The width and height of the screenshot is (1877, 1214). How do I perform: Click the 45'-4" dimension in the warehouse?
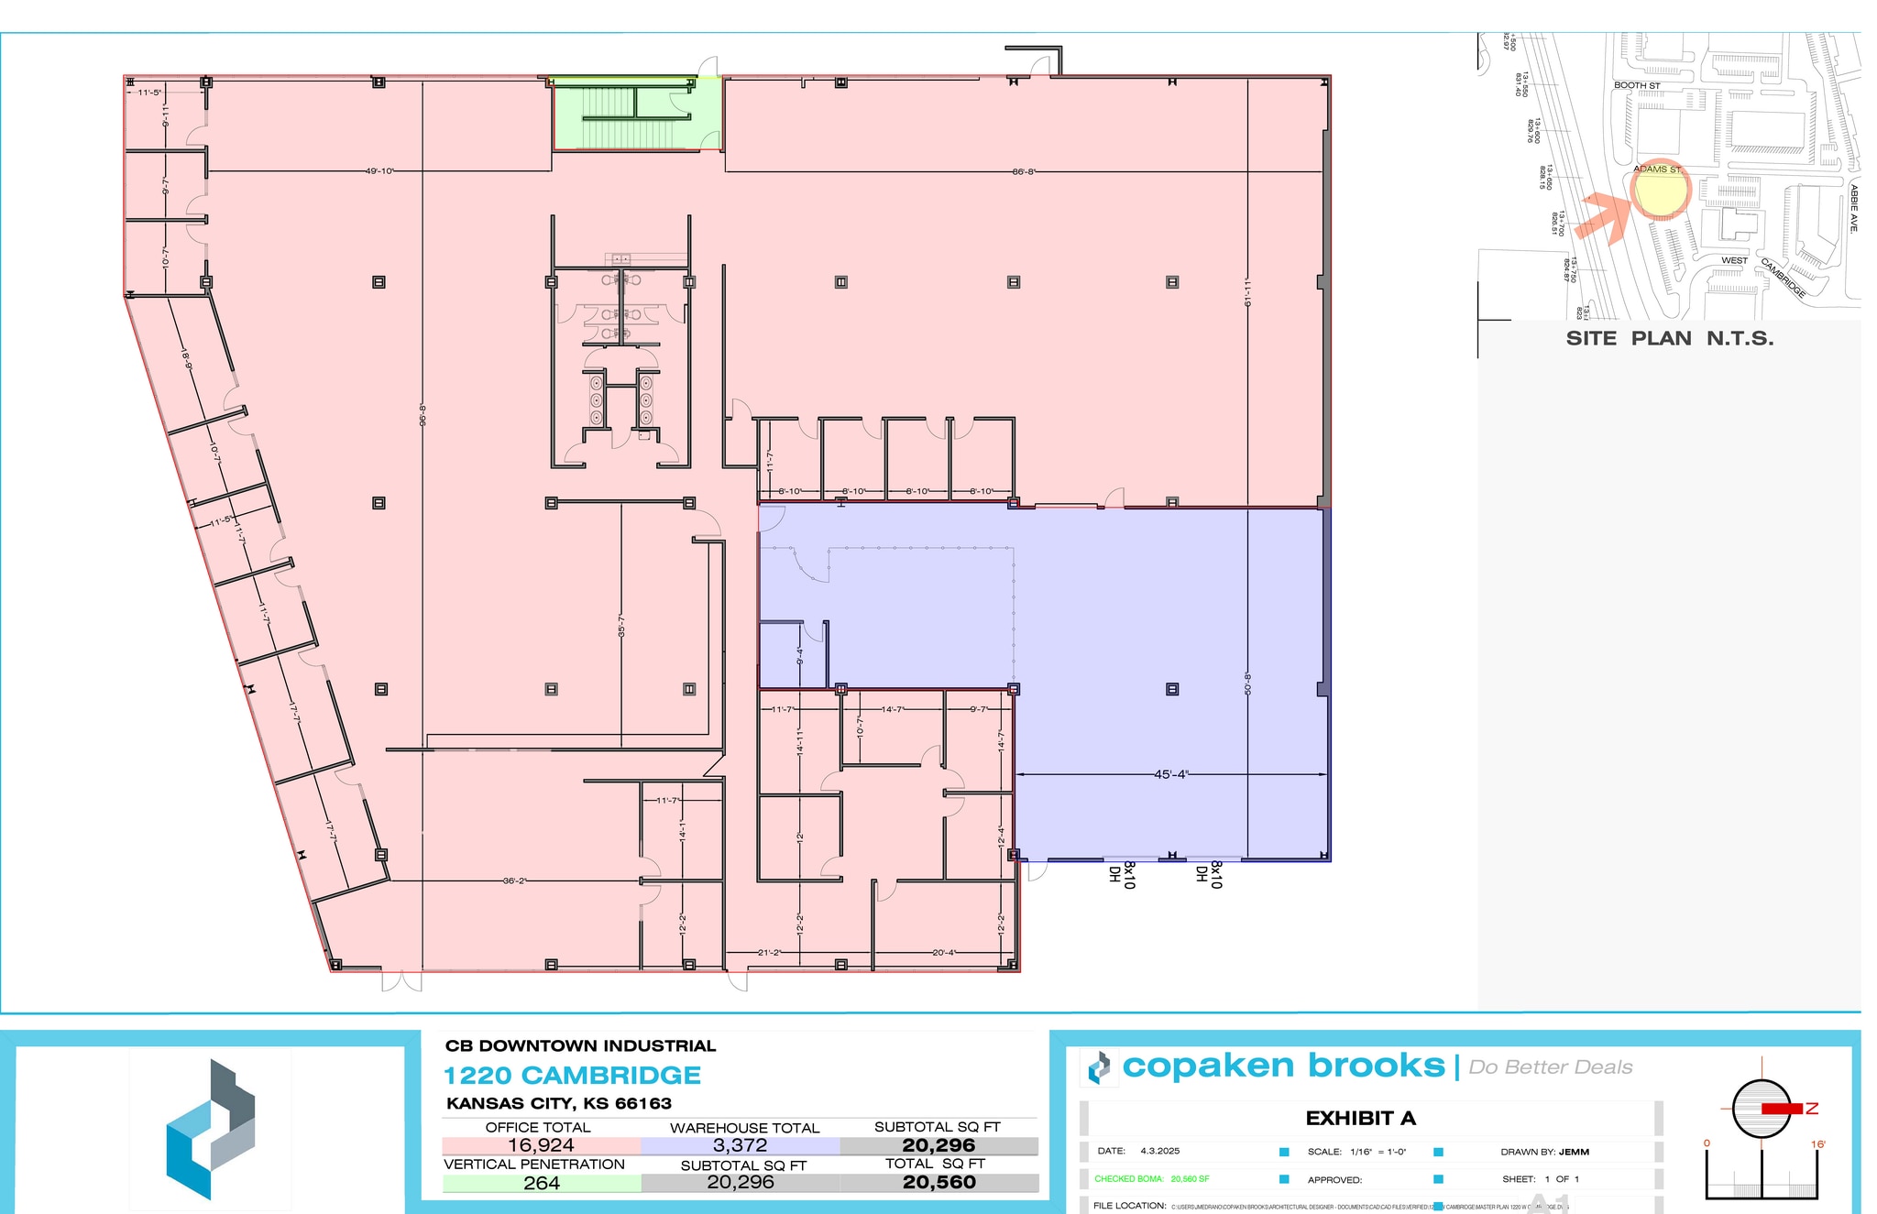click(x=1170, y=775)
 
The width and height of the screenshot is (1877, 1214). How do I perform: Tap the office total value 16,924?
click(x=541, y=1145)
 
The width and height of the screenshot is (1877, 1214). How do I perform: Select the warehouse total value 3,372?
click(x=740, y=1145)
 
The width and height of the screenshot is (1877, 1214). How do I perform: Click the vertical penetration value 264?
click(x=541, y=1183)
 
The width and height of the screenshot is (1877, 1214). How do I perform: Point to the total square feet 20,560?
click(x=938, y=1183)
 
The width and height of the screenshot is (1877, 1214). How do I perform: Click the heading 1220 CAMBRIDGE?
click(x=572, y=1076)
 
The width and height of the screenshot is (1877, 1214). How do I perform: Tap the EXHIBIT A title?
click(x=1360, y=1118)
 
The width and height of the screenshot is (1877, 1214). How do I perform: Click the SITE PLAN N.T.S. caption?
click(x=1669, y=338)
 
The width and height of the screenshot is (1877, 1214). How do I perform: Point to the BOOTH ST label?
click(x=1637, y=86)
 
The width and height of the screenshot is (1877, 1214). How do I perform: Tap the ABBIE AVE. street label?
click(x=1853, y=208)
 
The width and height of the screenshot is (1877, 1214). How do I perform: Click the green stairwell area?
click(x=636, y=114)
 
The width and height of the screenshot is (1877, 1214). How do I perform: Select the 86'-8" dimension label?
click(x=1024, y=172)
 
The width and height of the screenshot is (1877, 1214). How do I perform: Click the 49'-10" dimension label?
click(x=379, y=171)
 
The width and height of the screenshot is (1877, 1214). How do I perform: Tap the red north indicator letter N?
click(x=1811, y=1109)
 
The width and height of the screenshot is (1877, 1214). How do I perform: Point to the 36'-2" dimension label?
click(x=514, y=881)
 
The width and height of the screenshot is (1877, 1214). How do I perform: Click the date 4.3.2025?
click(x=1159, y=1151)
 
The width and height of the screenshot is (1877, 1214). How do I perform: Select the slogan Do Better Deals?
click(x=1550, y=1067)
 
